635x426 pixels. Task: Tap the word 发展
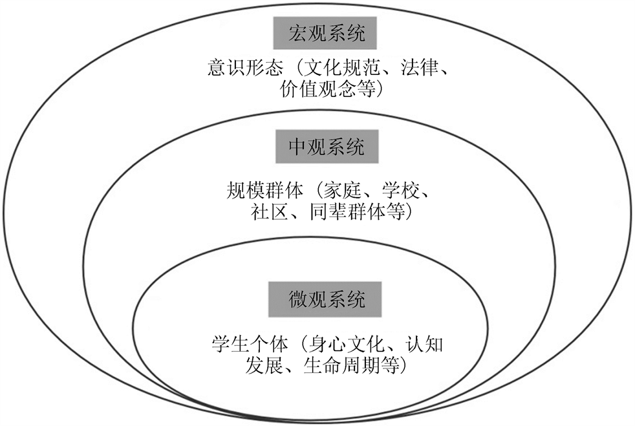[x=261, y=365]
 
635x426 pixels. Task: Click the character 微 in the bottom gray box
[x=297, y=299]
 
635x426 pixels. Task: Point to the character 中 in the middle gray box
[x=297, y=147]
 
